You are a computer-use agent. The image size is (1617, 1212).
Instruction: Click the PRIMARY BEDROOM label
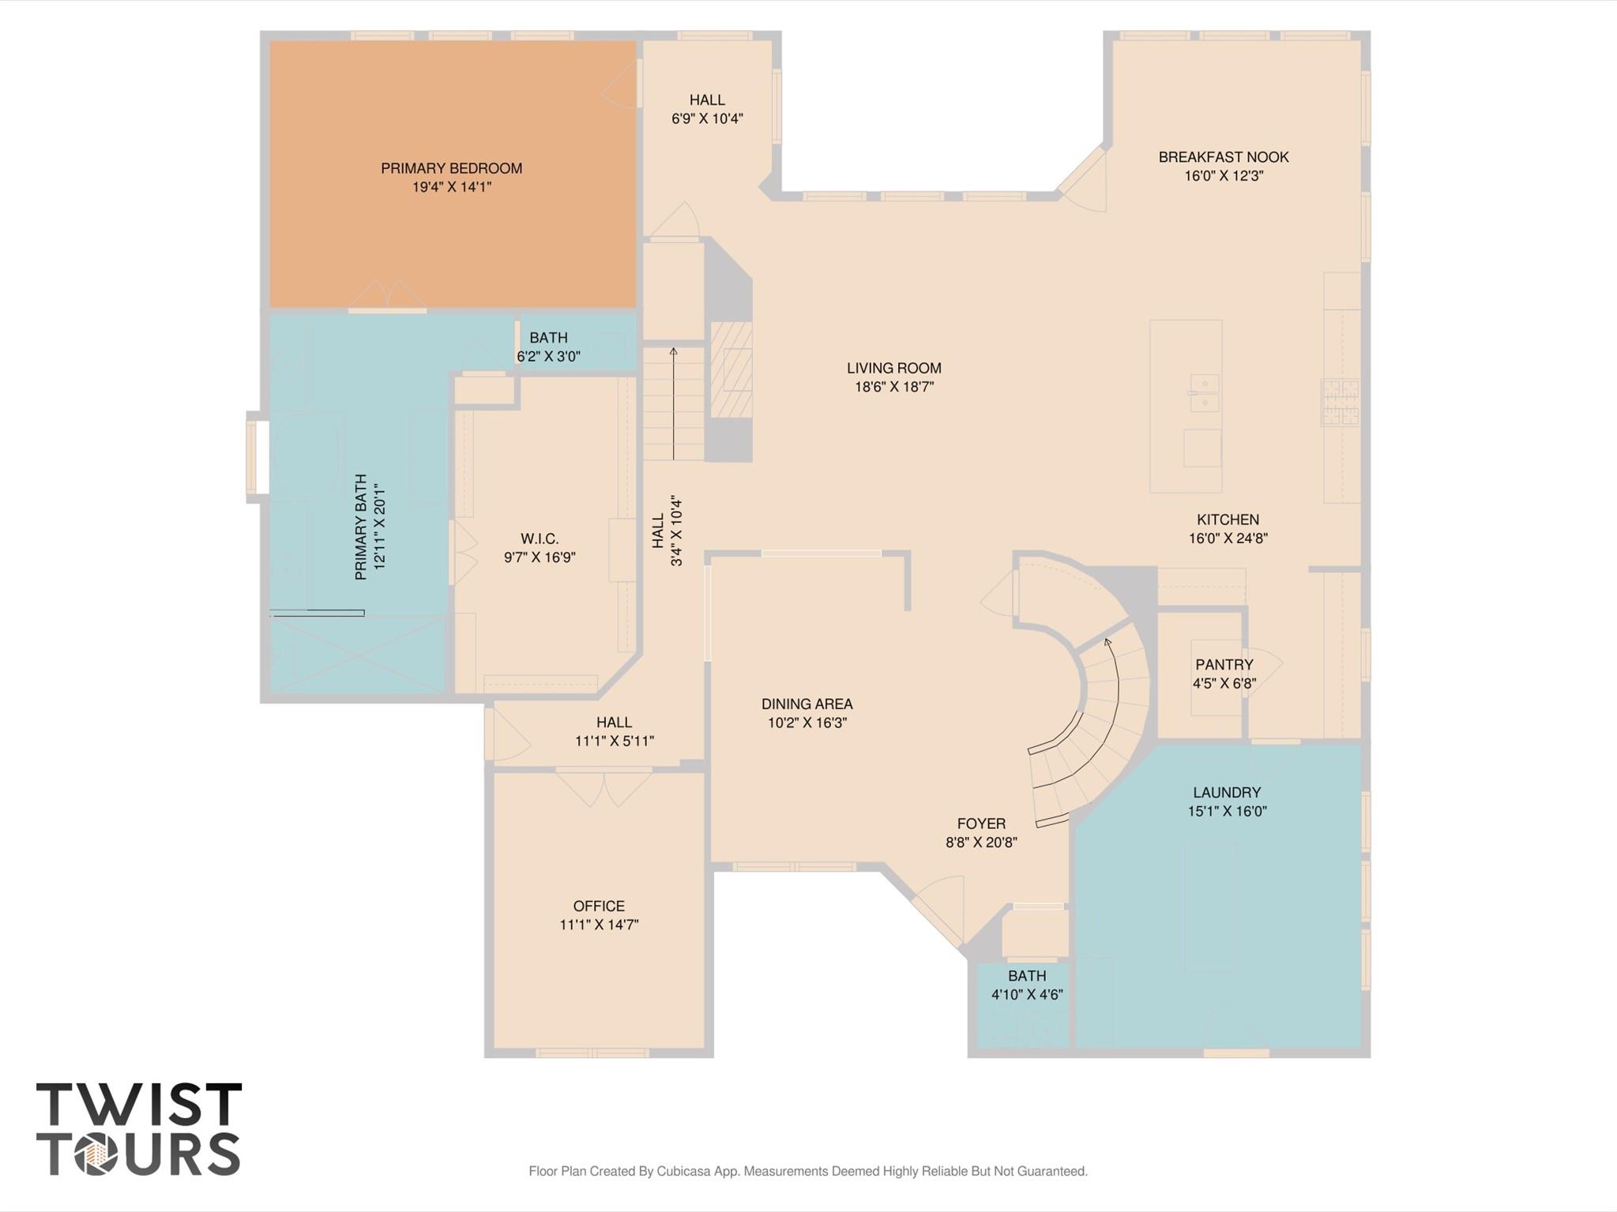(x=451, y=168)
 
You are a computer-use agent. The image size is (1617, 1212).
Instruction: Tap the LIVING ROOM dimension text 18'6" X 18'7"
(x=894, y=387)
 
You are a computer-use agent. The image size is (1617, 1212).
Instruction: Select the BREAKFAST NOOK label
(x=1223, y=157)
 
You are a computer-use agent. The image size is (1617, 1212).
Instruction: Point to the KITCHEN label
(x=1228, y=520)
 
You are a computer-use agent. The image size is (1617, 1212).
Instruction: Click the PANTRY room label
(x=1224, y=665)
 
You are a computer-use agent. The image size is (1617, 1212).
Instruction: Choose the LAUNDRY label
(x=1226, y=792)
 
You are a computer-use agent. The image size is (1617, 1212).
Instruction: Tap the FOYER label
(x=981, y=824)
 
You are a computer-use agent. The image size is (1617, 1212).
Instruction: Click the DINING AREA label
(x=807, y=704)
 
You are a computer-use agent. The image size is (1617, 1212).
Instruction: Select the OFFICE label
(x=599, y=906)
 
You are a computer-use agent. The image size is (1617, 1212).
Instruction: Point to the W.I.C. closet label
(x=540, y=538)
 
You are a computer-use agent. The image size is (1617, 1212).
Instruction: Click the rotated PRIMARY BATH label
(x=361, y=527)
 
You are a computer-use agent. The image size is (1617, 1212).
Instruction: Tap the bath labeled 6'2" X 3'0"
(x=548, y=347)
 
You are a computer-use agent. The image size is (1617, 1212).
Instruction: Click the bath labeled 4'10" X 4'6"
(x=1026, y=985)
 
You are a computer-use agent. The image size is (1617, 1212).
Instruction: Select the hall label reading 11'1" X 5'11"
(x=614, y=731)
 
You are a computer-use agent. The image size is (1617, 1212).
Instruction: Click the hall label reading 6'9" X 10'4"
(x=707, y=109)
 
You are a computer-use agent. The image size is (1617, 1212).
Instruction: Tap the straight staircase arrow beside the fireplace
(x=674, y=403)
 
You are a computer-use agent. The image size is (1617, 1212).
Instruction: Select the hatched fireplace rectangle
(x=731, y=370)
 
